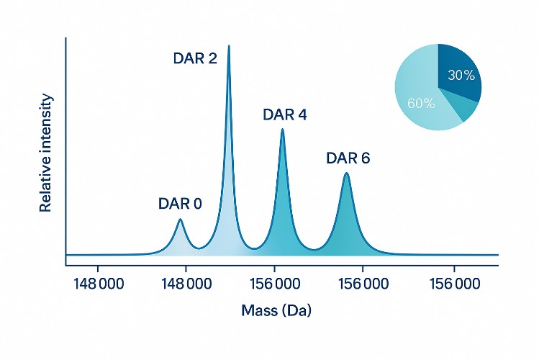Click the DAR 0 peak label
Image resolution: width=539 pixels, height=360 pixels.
[x=180, y=203]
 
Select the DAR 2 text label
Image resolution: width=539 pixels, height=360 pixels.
[x=195, y=58]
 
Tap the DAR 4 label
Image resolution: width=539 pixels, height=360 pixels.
[x=285, y=114]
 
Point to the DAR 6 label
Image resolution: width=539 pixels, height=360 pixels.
[x=348, y=158]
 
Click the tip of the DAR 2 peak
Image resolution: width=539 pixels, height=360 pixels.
[x=229, y=46]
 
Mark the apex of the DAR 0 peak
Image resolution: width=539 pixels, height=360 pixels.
[x=180, y=220]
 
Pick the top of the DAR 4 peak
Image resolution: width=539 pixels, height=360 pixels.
[x=282, y=130]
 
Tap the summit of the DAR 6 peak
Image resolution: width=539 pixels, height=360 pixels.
[x=346, y=174]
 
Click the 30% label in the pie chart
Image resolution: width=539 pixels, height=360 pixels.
[x=460, y=74]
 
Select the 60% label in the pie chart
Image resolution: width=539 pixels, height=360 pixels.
[x=421, y=103]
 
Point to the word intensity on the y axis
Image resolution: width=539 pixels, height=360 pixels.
[x=46, y=126]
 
